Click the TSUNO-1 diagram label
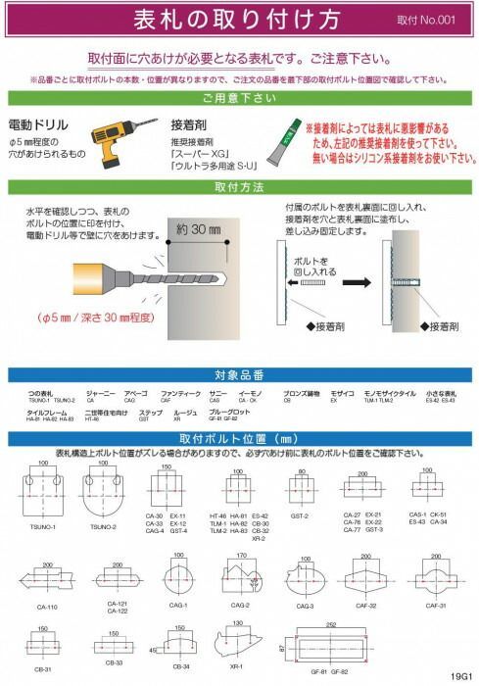pyautogui.click(x=42, y=526)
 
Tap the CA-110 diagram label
pyautogui.click(x=46, y=608)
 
